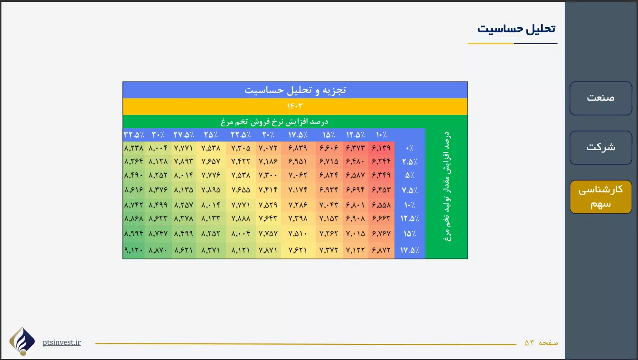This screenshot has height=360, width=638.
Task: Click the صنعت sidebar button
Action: pyautogui.click(x=600, y=98)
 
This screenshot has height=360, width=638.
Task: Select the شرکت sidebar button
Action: pyautogui.click(x=600, y=148)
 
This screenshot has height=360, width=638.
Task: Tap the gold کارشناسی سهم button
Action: pyautogui.click(x=600, y=197)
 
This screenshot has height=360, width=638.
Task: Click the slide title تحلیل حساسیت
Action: pyautogui.click(x=516, y=29)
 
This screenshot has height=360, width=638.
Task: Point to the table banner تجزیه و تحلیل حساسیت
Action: pyautogui.click(x=295, y=90)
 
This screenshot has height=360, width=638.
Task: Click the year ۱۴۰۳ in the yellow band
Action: pyautogui.click(x=295, y=106)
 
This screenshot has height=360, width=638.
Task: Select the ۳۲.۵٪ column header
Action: pyautogui.click(x=134, y=135)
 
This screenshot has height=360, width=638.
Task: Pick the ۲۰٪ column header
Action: pyautogui.click(x=268, y=135)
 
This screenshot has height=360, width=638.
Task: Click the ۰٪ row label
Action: pyautogui.click(x=410, y=148)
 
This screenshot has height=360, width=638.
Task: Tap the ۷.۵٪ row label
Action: pyautogui.click(x=410, y=190)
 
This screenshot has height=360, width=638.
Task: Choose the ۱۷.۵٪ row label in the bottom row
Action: pyautogui.click(x=410, y=250)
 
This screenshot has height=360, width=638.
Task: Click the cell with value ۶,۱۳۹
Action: pyautogui.click(x=381, y=148)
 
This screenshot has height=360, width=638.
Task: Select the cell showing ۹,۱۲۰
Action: pyautogui.click(x=133, y=250)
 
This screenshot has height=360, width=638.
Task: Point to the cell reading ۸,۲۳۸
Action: pyautogui.click(x=133, y=148)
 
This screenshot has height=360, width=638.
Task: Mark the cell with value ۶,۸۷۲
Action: pyautogui.click(x=381, y=250)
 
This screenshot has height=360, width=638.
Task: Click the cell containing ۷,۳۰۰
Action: pyautogui.click(x=268, y=175)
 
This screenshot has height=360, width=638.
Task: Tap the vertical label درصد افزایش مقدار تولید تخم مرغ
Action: pyautogui.click(x=447, y=187)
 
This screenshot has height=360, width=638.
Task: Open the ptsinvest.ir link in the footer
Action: pyautogui.click(x=62, y=342)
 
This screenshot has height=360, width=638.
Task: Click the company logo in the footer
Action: pyautogui.click(x=22, y=341)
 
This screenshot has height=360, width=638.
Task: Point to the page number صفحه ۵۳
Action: pyautogui.click(x=541, y=342)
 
